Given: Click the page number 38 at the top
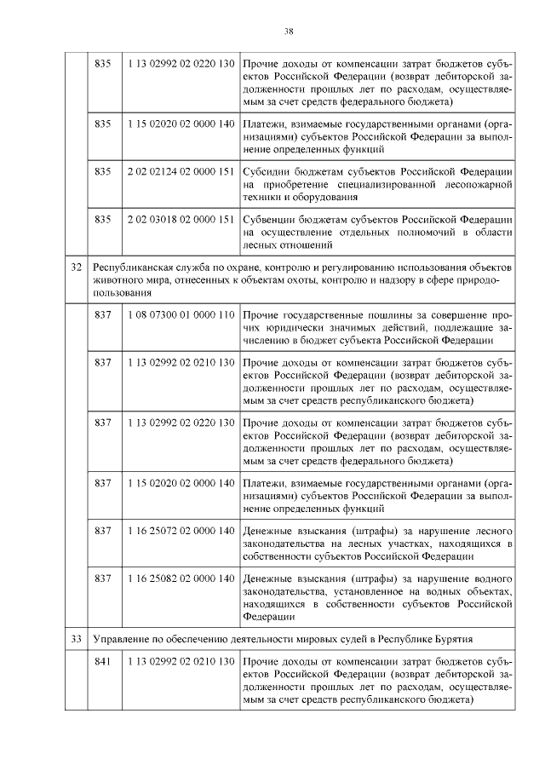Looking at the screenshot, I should (x=289, y=32).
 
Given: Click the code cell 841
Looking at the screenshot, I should (x=103, y=661).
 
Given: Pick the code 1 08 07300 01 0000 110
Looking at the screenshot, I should (x=181, y=314).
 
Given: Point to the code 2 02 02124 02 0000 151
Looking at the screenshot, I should (x=181, y=171).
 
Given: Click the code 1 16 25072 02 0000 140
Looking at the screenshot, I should (x=181, y=531).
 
